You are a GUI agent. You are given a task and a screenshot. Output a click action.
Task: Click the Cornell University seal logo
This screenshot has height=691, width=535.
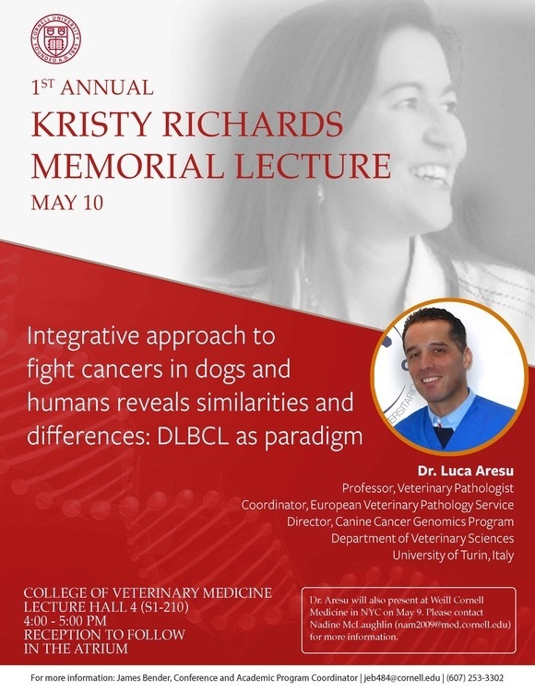(x=55, y=39)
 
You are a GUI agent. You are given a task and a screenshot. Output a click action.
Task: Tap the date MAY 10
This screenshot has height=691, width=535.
(x=67, y=203)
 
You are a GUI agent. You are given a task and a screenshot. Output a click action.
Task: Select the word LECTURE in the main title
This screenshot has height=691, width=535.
(x=313, y=166)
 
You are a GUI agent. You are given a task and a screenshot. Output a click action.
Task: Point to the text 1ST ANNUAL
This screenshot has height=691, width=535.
(x=92, y=88)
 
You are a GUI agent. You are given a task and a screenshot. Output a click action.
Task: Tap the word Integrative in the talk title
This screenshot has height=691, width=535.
(x=82, y=336)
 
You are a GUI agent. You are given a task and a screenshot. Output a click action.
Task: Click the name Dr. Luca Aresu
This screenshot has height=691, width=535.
(x=466, y=471)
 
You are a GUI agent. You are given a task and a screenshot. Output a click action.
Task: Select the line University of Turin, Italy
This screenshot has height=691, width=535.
(x=454, y=555)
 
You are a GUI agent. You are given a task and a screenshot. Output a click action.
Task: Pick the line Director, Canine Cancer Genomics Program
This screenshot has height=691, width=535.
(x=400, y=521)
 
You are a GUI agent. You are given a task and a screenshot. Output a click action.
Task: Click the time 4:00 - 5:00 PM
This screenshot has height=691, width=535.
(x=65, y=621)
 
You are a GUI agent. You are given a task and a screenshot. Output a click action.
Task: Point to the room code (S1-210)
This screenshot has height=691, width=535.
(x=164, y=607)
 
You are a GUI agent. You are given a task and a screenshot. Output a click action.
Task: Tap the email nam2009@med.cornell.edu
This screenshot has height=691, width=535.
(x=453, y=625)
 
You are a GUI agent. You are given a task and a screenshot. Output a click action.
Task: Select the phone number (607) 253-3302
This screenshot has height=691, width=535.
(x=475, y=677)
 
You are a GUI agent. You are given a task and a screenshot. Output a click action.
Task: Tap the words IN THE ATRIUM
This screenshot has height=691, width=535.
(x=76, y=649)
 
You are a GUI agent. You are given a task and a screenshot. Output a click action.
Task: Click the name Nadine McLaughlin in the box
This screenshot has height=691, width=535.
(x=351, y=625)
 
